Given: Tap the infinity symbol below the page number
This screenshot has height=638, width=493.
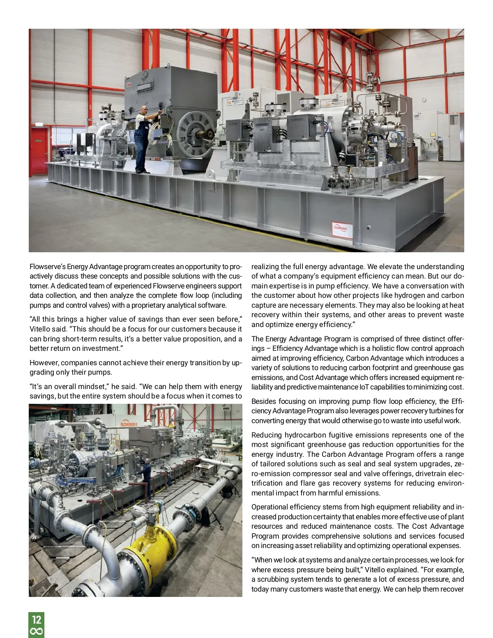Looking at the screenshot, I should tap(36, 631).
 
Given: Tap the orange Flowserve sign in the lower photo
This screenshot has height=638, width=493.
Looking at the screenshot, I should tap(129, 423).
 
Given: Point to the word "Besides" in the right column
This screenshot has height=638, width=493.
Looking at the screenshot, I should tap(263, 401).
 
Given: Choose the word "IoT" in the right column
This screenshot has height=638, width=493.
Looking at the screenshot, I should tap(364, 387).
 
